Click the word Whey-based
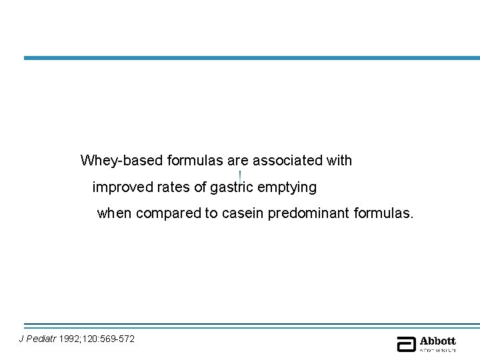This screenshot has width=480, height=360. (x=122, y=161)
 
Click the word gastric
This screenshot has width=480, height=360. (x=231, y=188)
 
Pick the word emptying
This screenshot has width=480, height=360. (x=287, y=188)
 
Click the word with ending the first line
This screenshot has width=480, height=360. (x=338, y=161)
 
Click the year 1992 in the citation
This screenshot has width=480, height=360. (x=70, y=339)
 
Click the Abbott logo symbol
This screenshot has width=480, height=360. (x=406, y=343)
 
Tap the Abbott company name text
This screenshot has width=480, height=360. (x=437, y=341)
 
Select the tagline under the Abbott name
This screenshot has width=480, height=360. (x=437, y=349)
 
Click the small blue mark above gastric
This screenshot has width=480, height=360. (x=239, y=174)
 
